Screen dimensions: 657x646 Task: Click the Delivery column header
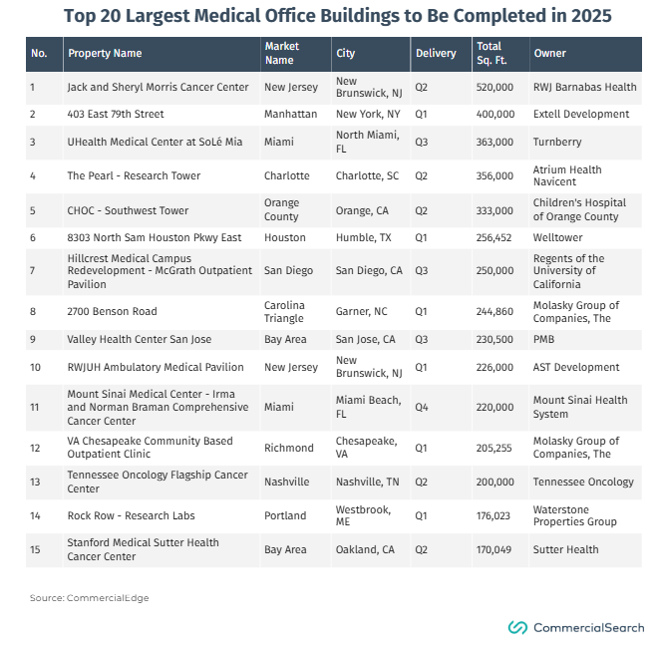(x=436, y=53)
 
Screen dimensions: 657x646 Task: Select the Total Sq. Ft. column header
(x=492, y=53)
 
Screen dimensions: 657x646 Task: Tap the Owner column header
(x=549, y=53)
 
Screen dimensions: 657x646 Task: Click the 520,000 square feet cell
(x=494, y=87)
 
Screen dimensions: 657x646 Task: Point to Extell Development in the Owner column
(x=581, y=114)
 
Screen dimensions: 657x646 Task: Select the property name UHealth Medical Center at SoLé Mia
(x=155, y=142)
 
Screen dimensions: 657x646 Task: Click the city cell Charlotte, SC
(x=367, y=175)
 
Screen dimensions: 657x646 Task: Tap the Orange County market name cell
(x=281, y=209)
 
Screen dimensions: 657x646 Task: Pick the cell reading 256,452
(x=493, y=237)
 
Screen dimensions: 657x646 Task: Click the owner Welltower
(x=557, y=237)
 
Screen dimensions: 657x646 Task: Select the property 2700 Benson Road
(x=112, y=311)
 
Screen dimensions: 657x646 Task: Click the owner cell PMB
(x=543, y=339)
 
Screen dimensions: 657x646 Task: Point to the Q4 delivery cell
(x=422, y=407)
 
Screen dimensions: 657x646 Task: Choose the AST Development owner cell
(x=576, y=367)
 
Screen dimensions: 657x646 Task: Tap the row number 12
(x=35, y=448)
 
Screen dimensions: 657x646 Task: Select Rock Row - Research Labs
(x=132, y=515)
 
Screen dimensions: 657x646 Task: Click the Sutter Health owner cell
(x=565, y=549)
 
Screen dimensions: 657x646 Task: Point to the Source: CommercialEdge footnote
(x=90, y=598)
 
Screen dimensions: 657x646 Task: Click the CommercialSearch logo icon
(x=517, y=628)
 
